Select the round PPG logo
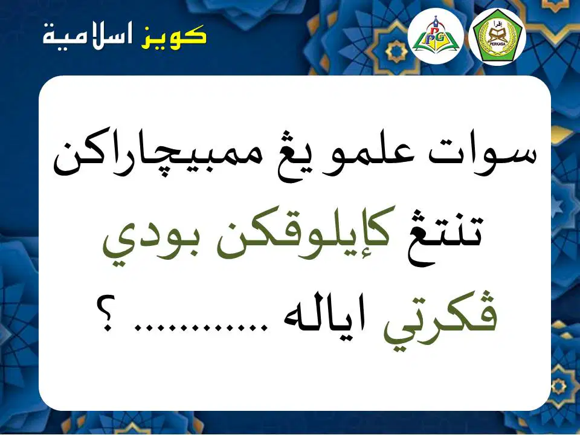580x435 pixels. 436,36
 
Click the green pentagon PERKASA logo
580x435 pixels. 497,36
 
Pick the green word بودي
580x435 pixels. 153,241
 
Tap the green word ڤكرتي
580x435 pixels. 440,316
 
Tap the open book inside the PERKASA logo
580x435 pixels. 497,33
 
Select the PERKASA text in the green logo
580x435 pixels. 497,44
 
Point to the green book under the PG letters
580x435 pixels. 436,43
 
